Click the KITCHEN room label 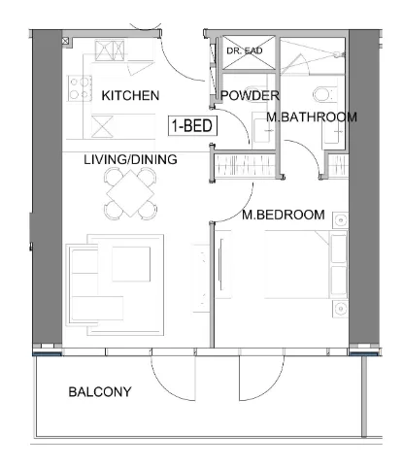130,95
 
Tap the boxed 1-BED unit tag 192,125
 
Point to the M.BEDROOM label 284,214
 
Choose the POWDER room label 251,95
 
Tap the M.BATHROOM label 312,117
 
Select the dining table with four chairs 132,191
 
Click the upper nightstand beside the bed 339,221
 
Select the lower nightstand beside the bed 339,309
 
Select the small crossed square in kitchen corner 66,42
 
